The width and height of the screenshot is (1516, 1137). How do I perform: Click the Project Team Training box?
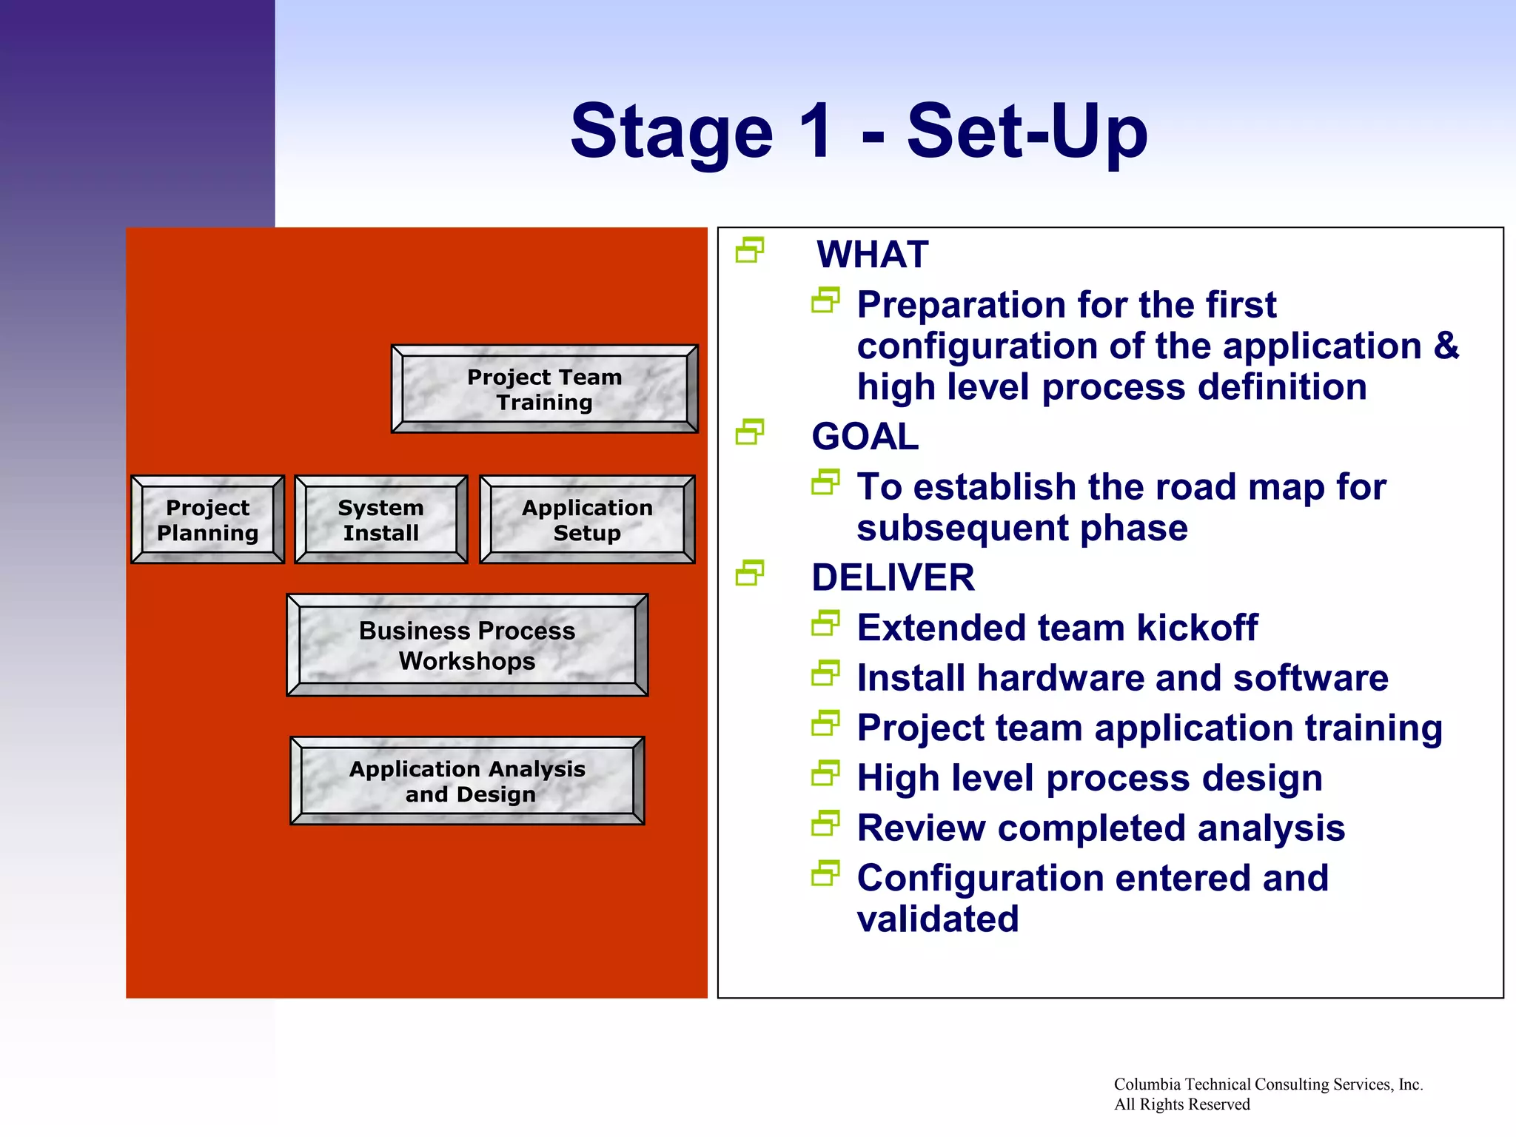tap(544, 389)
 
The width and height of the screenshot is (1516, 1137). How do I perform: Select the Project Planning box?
tap(208, 520)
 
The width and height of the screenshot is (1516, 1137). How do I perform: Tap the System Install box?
tap(380, 520)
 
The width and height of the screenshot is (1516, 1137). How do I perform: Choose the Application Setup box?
tap(587, 520)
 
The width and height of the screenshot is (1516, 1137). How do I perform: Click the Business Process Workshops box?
tap(467, 645)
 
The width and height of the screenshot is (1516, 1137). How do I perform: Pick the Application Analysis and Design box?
tap(467, 781)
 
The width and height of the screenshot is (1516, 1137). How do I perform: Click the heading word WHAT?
tap(872, 255)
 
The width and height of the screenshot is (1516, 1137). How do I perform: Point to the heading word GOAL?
tap(865, 436)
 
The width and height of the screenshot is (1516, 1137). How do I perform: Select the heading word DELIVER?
tap(893, 577)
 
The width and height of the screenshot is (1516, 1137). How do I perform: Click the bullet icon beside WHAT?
tap(749, 250)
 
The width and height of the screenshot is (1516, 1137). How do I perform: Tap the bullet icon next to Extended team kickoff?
tap(825, 623)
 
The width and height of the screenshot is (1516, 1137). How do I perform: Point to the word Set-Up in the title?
tap(1027, 132)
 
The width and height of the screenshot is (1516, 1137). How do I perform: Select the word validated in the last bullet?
tap(937, 919)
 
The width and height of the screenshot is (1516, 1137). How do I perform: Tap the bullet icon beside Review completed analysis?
tap(825, 823)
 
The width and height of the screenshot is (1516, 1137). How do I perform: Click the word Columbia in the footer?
tap(1147, 1084)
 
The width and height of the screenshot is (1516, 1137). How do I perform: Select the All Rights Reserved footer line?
tap(1181, 1104)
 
